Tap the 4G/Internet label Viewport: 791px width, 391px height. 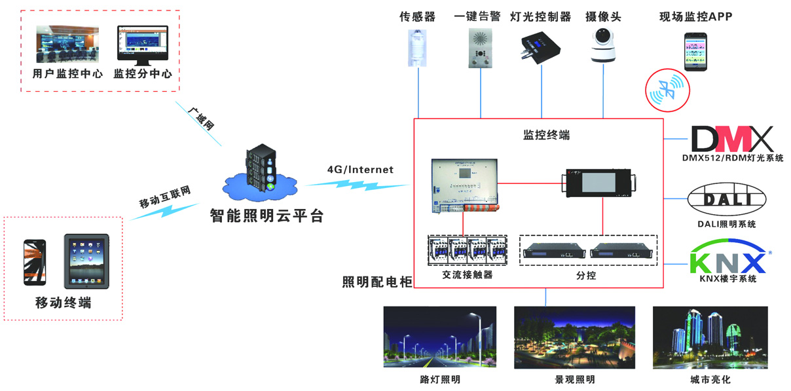[360, 170]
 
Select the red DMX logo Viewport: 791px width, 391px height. [732, 138]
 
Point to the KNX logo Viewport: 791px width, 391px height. [727, 257]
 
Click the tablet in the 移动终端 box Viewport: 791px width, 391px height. [86, 261]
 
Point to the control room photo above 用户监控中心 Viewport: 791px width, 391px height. [67, 44]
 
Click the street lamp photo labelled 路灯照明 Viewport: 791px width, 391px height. [439, 337]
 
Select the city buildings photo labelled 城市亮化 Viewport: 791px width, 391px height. [710, 337]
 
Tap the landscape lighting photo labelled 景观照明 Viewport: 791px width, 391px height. [574, 337]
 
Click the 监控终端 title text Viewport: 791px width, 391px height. [546, 135]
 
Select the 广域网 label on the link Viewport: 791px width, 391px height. [201, 118]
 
